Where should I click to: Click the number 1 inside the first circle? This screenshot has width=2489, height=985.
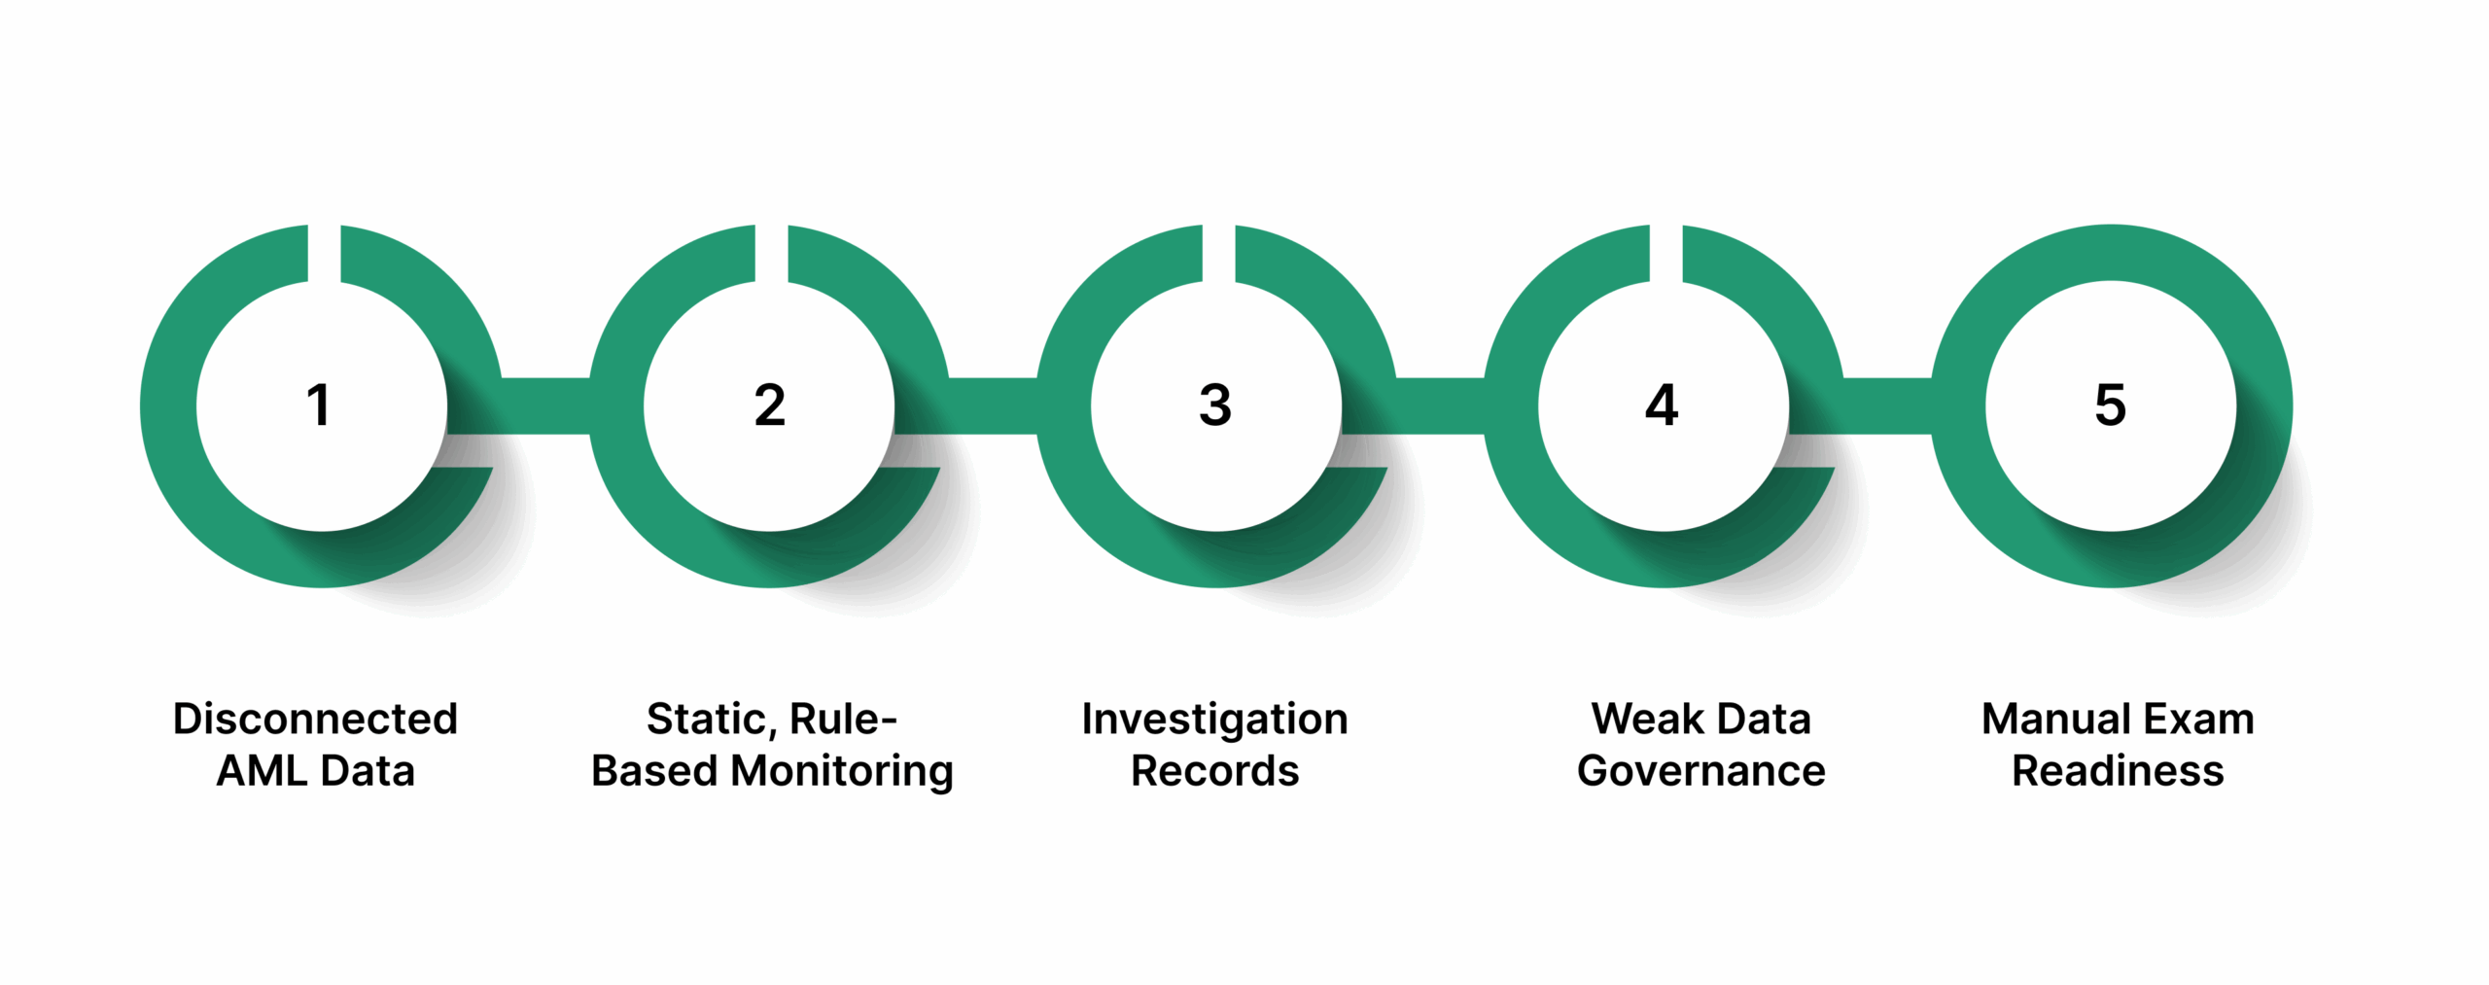point(319,405)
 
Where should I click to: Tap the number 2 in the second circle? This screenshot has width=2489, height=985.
point(769,405)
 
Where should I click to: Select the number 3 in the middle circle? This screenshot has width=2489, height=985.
point(1215,405)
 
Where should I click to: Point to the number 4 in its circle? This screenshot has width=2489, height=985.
point(1662,405)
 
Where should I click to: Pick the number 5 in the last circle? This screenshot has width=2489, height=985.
point(2110,405)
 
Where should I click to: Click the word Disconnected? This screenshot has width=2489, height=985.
point(315,720)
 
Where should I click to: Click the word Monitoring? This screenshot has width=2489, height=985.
point(842,771)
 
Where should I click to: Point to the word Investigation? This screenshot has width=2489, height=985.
point(1214,720)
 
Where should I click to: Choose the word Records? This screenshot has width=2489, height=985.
point(1214,771)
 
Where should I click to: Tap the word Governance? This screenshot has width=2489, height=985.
point(1700,771)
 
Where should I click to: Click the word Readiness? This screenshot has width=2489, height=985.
point(2118,771)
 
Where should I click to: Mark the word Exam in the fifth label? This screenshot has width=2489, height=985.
point(2199,720)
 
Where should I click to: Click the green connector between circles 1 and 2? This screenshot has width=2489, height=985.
point(544,405)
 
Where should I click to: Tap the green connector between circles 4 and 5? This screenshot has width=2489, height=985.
point(1886,405)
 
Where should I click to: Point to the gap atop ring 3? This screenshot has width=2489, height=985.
point(1218,253)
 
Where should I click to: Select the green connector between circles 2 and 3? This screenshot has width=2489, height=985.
point(992,405)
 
